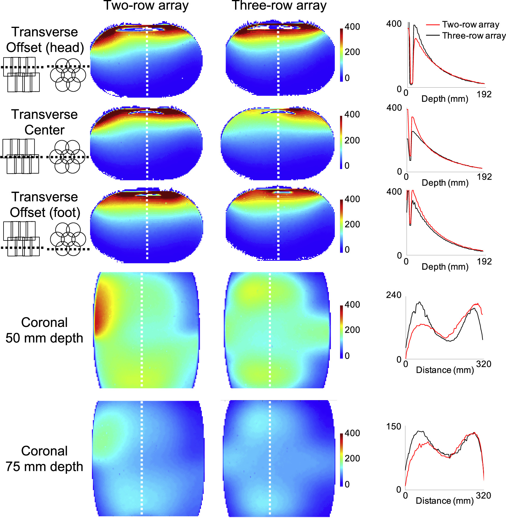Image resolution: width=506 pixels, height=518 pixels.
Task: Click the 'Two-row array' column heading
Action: pos(146,6)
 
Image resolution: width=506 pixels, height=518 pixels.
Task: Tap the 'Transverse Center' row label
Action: pos(44,122)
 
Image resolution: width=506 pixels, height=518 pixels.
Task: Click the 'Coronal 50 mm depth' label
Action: pos(44,330)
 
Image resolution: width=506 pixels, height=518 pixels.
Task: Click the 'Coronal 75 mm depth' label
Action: pos(44,459)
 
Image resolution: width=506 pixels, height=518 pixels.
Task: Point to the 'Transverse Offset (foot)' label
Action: pos(45,205)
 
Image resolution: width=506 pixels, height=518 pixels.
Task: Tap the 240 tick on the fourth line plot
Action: pos(393,295)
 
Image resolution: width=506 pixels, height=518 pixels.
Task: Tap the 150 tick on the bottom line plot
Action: pos(393,427)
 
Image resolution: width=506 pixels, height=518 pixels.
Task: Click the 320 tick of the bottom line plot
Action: pos(483,495)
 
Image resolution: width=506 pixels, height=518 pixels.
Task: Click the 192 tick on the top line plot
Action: pos(484,94)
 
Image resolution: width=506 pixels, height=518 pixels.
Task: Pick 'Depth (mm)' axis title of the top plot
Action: pos(445,99)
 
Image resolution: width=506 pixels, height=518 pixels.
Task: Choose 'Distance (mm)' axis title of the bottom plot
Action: pos(445,501)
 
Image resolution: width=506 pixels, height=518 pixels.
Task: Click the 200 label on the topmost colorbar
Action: pos(352,52)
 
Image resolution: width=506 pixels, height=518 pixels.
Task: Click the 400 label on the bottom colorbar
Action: pos(352,433)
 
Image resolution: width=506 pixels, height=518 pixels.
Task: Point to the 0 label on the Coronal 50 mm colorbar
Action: pos(347,356)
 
